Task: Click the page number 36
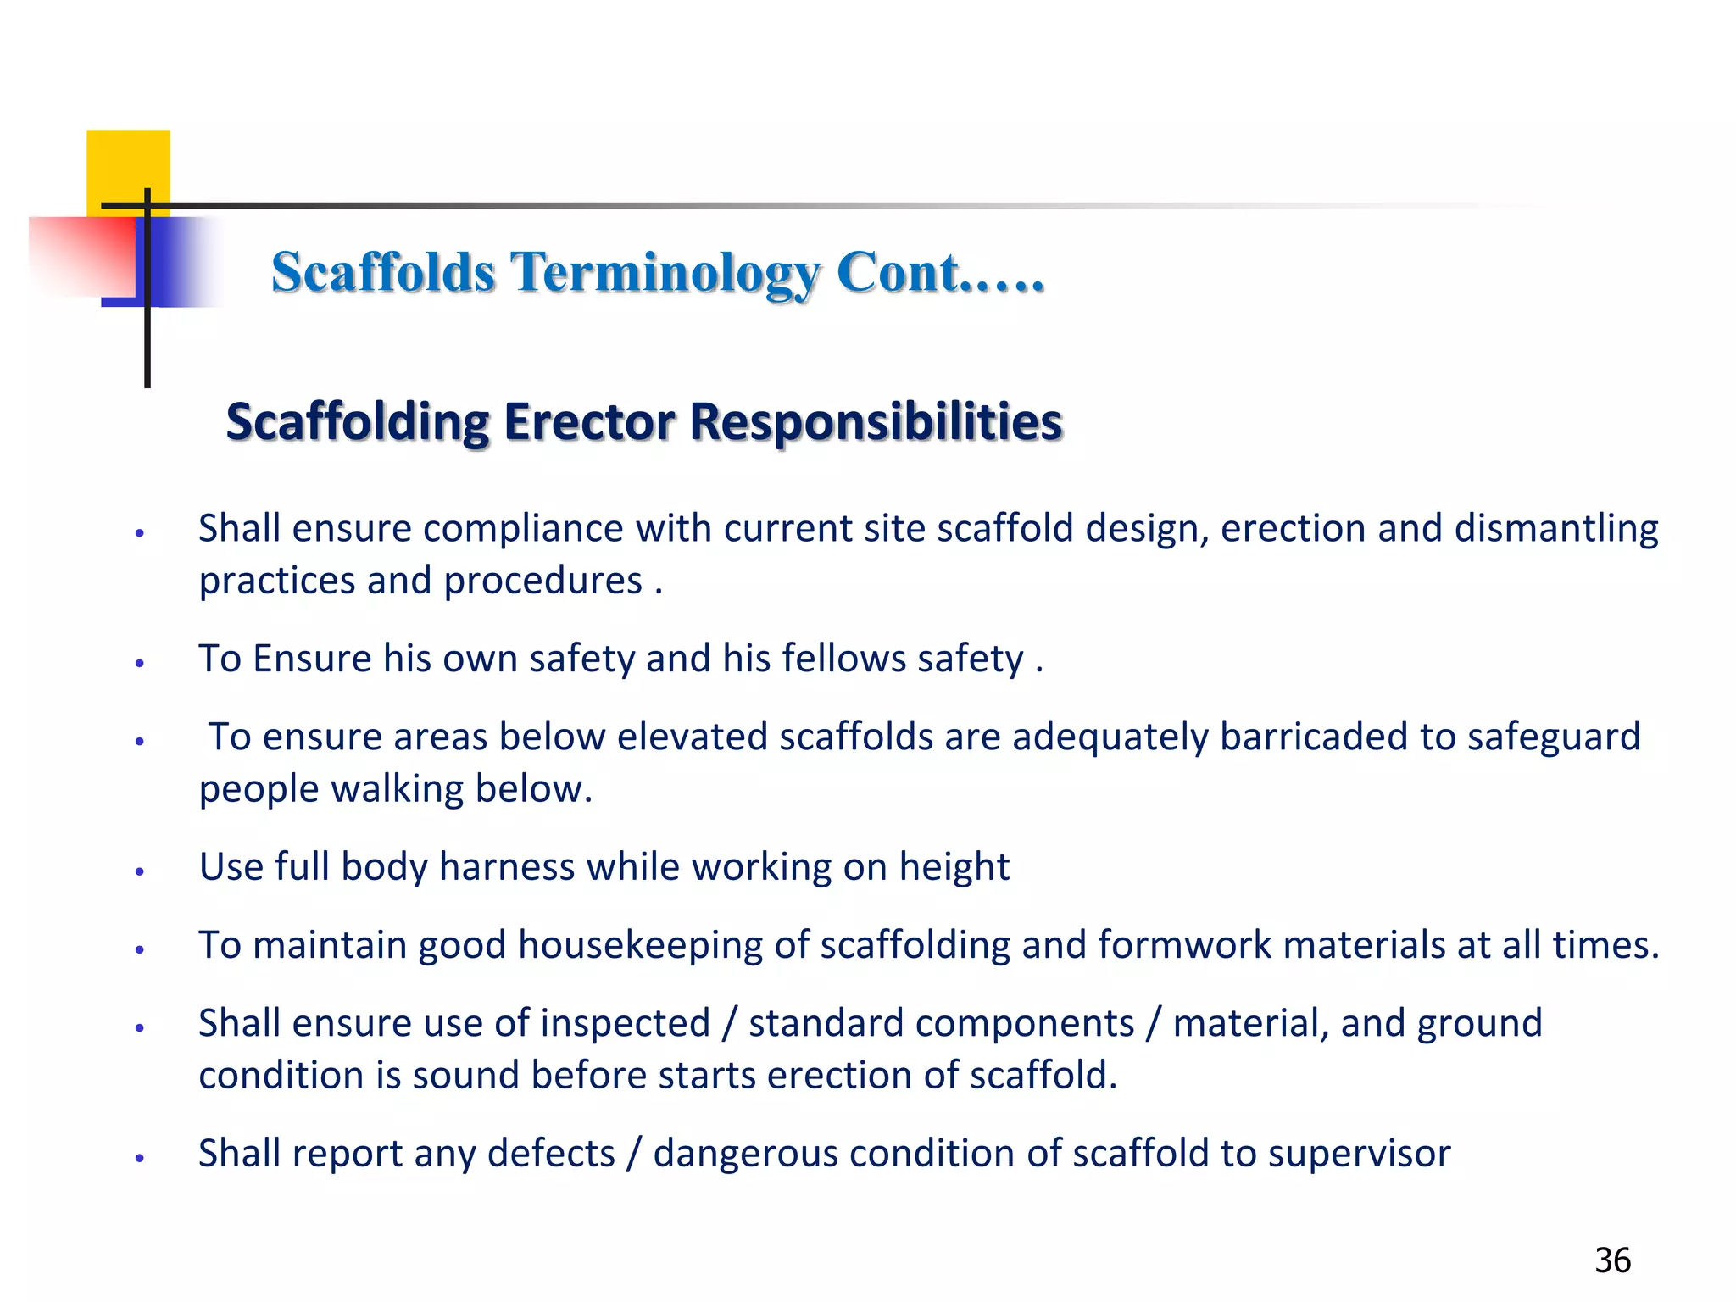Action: pyautogui.click(x=1612, y=1260)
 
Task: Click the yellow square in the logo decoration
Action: pyautogui.click(x=128, y=166)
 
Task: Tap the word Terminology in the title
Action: pyautogui.click(x=666, y=273)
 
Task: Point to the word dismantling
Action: pyautogui.click(x=1556, y=529)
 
